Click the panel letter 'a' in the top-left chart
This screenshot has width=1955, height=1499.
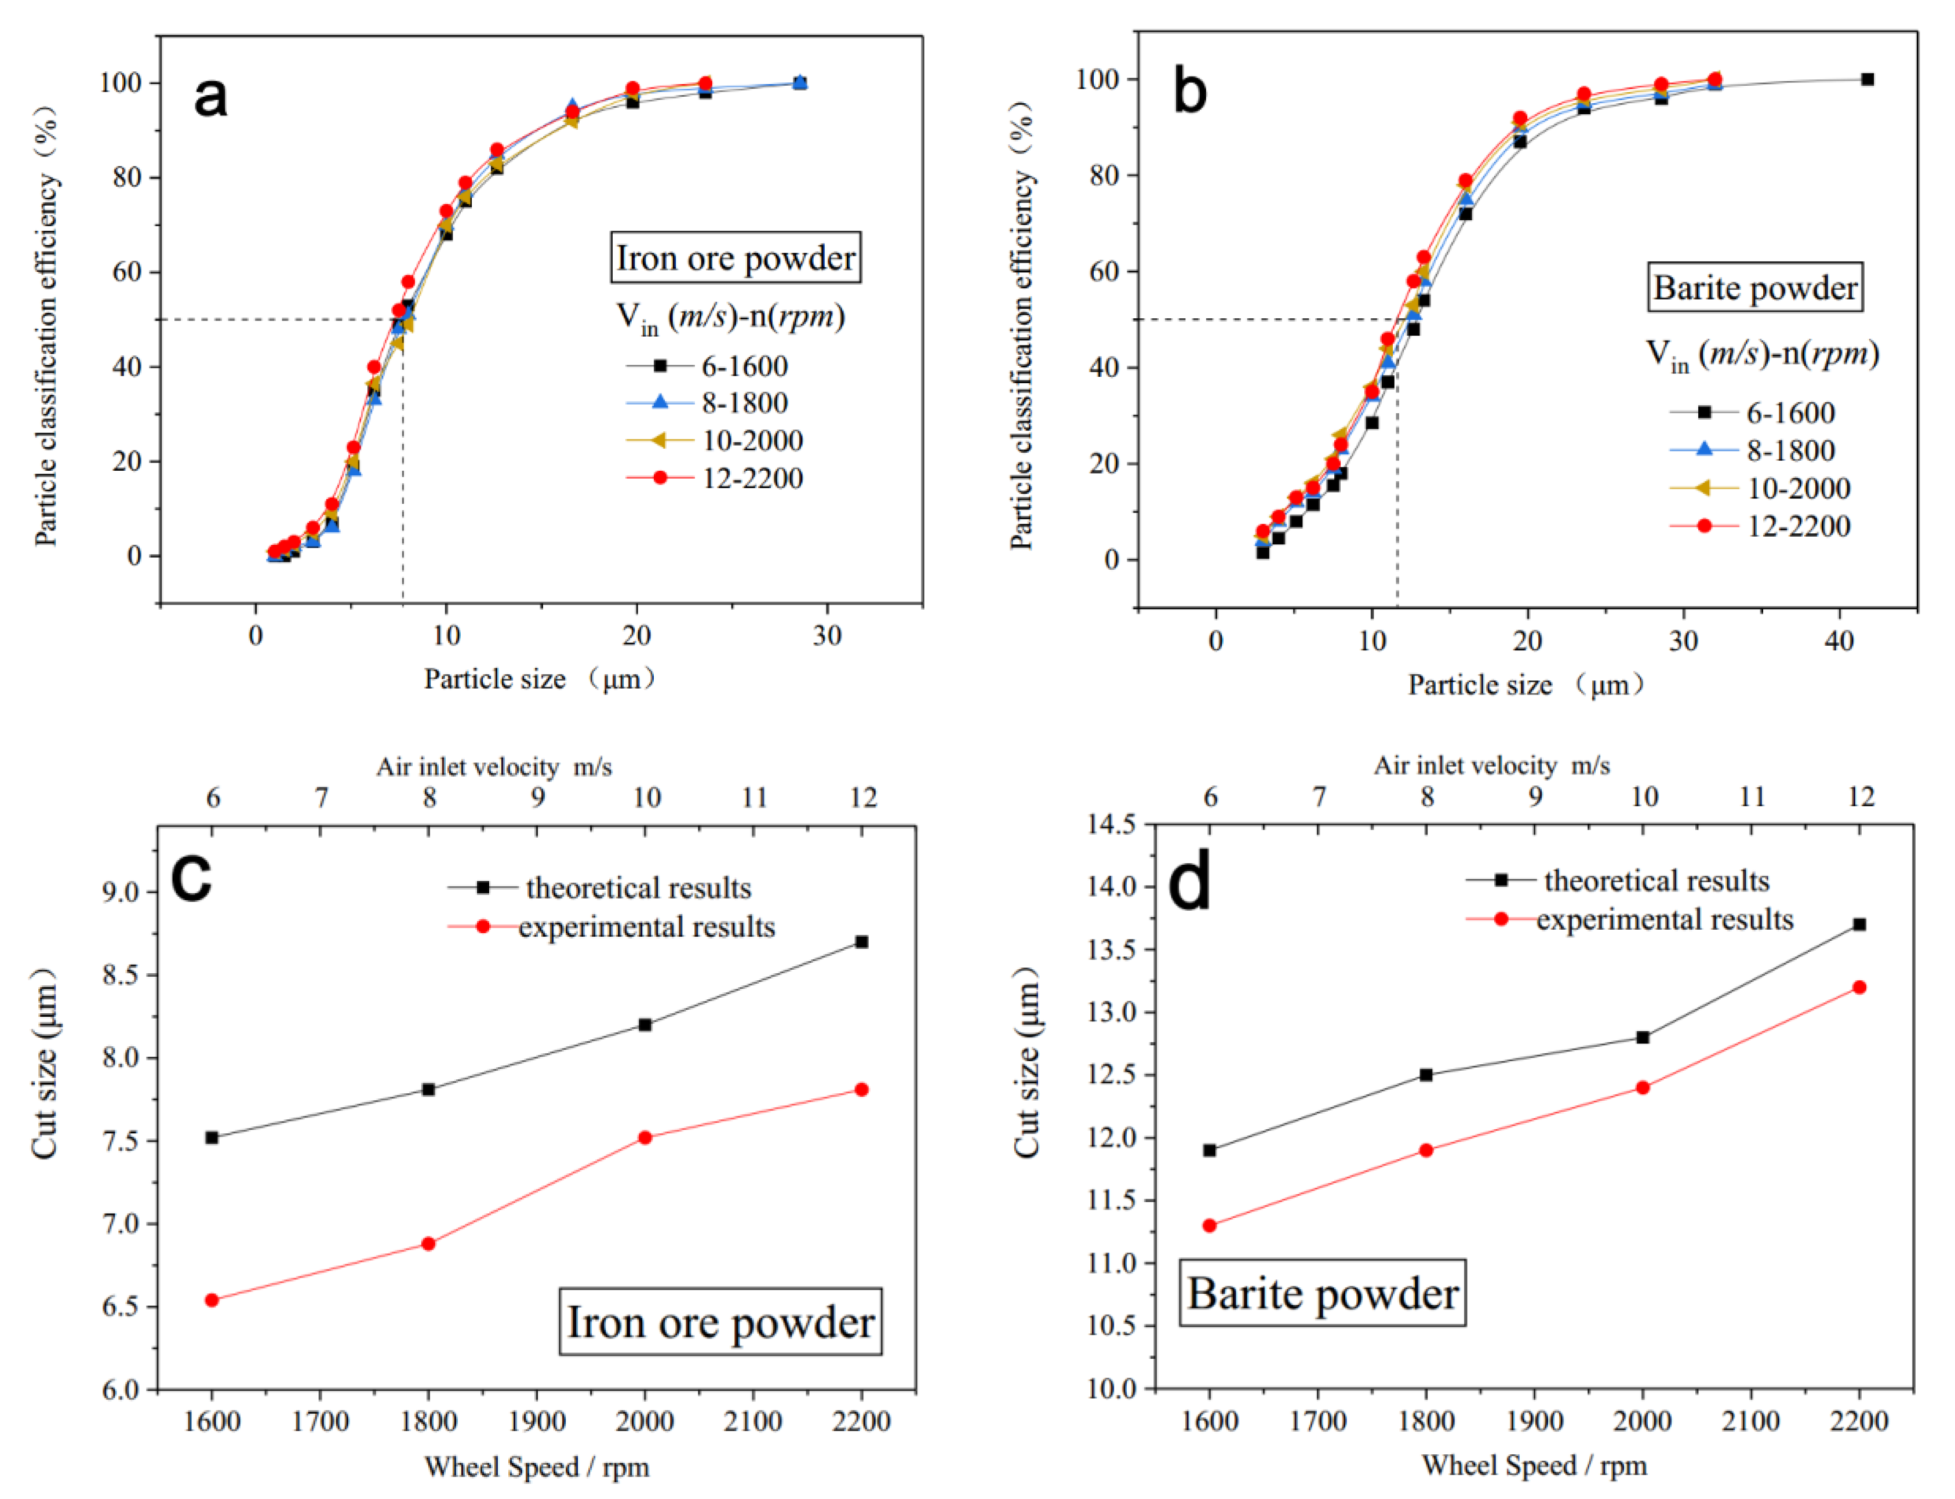coord(210,96)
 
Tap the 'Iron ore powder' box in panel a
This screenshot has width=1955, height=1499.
coord(736,258)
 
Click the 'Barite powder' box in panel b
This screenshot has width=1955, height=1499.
coord(1754,288)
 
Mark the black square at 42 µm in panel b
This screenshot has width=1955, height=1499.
coord(1867,79)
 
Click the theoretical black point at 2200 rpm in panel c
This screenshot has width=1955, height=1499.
coord(861,942)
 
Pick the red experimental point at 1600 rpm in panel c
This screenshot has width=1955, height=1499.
coord(212,1300)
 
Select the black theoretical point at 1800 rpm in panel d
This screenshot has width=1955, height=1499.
coord(1426,1075)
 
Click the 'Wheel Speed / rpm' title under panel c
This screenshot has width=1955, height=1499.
coord(536,1467)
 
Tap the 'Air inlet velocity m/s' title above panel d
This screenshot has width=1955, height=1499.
coord(1491,766)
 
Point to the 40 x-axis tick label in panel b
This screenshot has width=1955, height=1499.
coord(1840,641)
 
